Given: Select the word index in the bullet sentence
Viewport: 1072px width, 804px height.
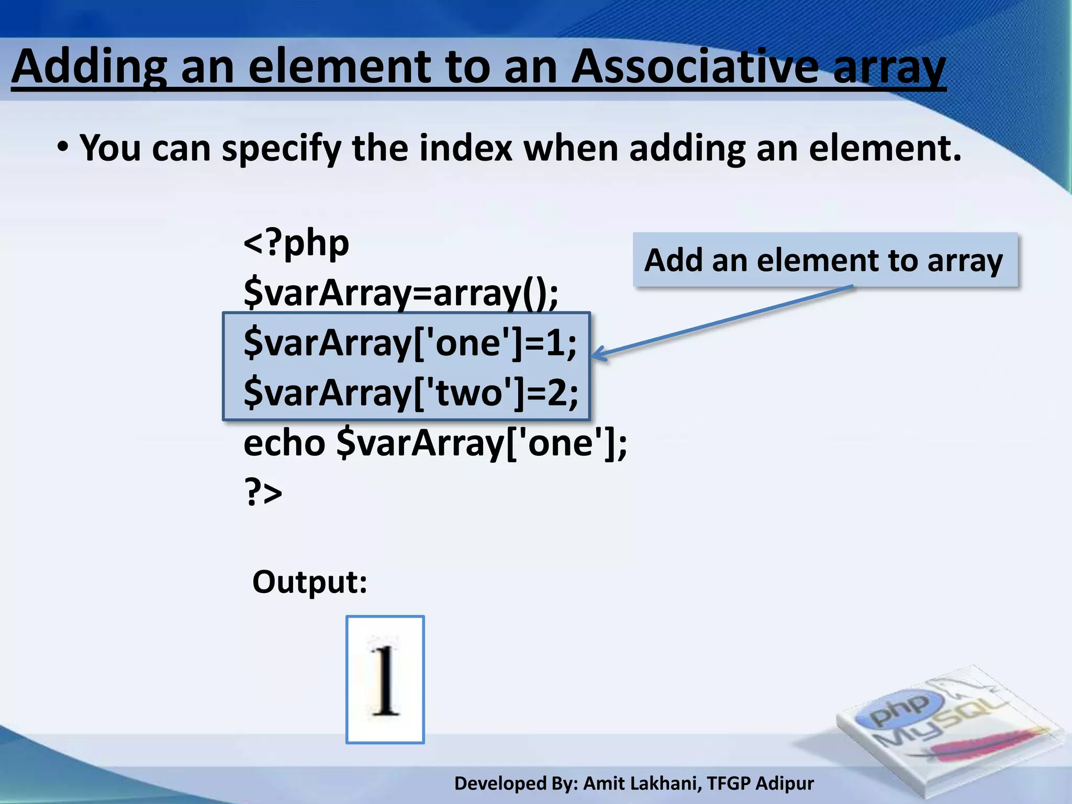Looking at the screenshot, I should click(x=465, y=148).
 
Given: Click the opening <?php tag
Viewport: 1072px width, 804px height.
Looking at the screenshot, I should click(x=296, y=244).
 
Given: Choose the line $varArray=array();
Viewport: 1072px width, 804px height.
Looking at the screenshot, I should click(x=401, y=293).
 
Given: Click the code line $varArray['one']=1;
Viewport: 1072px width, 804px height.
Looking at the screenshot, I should click(x=410, y=343).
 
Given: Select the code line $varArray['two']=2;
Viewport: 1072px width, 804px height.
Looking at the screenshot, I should click(x=411, y=393).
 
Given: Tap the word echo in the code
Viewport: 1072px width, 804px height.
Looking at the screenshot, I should click(x=284, y=443).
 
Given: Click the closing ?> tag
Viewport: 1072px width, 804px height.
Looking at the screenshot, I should click(x=263, y=493).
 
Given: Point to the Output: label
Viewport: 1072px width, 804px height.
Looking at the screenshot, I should click(x=310, y=582).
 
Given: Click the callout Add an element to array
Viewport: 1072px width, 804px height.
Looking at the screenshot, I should click(x=824, y=261).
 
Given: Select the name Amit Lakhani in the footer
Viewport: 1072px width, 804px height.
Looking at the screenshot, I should click(x=642, y=784).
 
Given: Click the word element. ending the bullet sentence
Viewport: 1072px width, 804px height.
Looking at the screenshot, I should click(x=885, y=148).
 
